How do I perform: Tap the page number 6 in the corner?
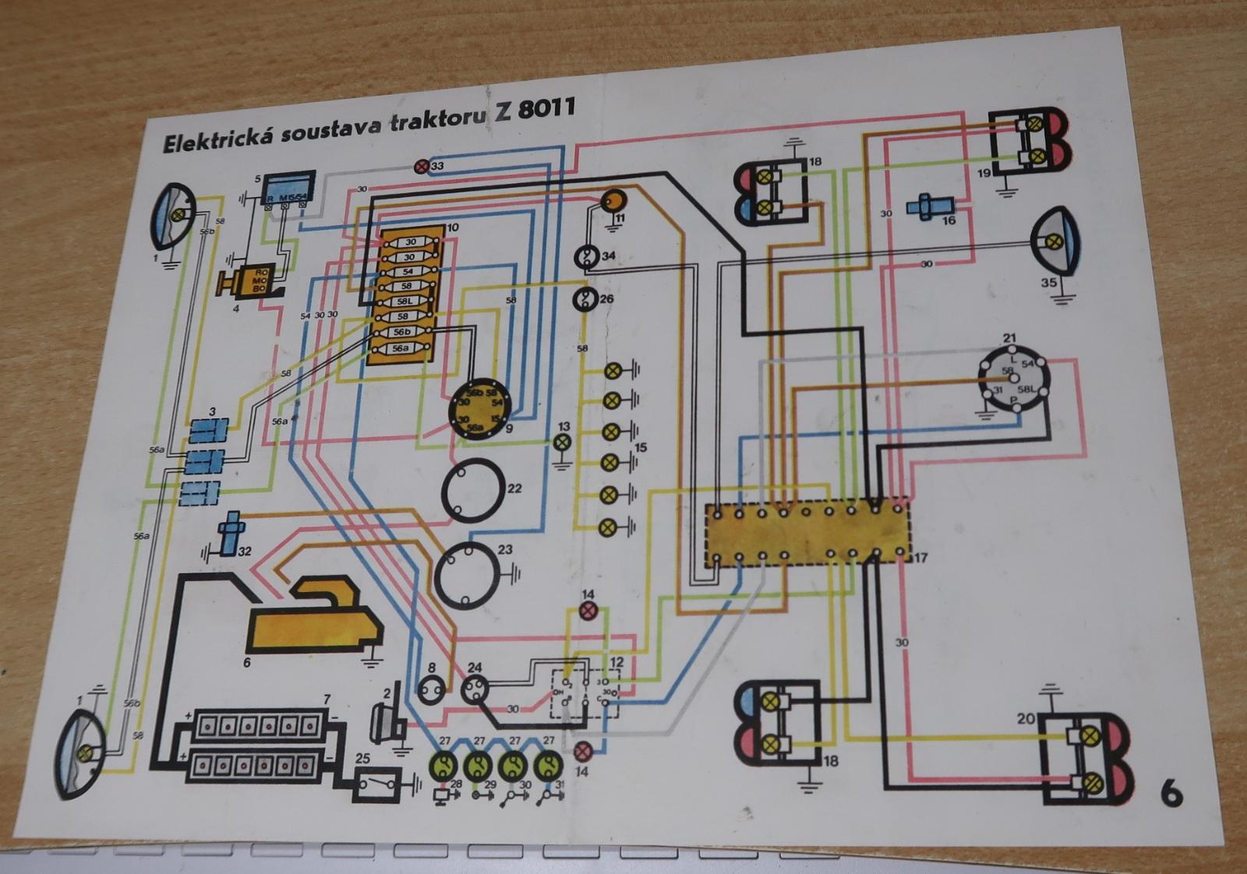(1171, 794)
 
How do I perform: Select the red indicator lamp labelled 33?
(421, 166)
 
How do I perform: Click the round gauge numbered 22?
(472, 489)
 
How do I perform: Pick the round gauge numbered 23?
(466, 573)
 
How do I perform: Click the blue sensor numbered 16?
(926, 209)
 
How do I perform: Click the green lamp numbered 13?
(563, 442)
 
